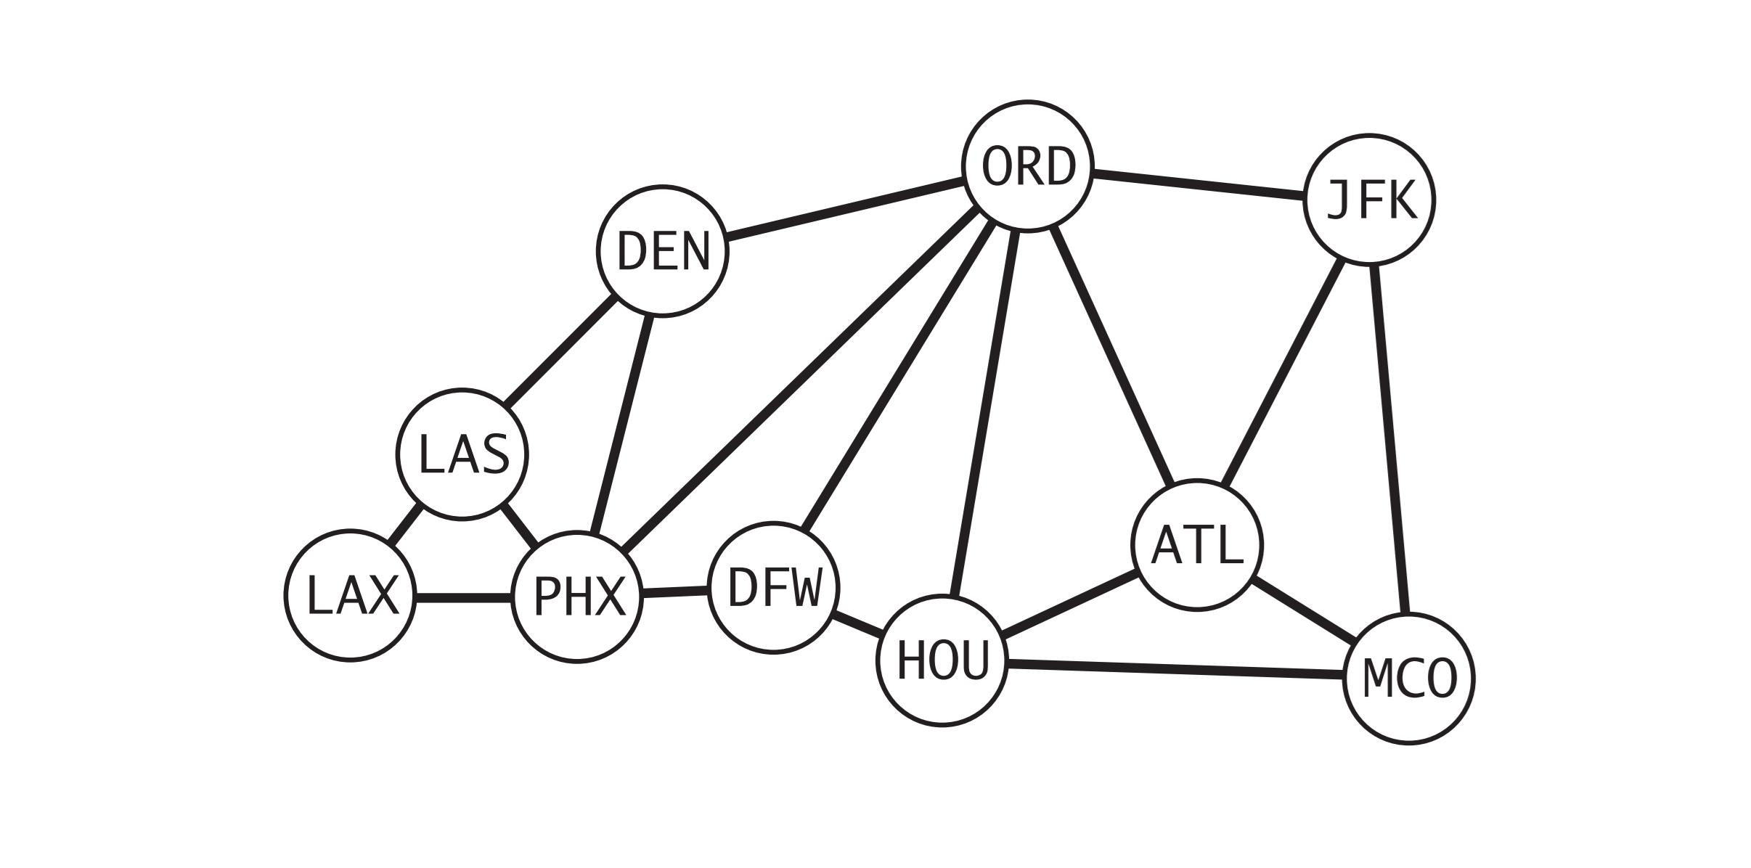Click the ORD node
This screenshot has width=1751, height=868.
click(x=1027, y=166)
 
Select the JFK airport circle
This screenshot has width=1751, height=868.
click(x=1369, y=200)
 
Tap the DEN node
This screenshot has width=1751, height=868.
click(x=662, y=251)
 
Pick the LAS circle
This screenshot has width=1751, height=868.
click(x=462, y=454)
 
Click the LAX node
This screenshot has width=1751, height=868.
click(x=351, y=595)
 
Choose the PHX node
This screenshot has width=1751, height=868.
click(x=577, y=597)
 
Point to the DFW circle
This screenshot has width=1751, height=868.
click(x=773, y=587)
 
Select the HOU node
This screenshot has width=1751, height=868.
click(x=942, y=660)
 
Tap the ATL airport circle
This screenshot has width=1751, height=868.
click(x=1197, y=545)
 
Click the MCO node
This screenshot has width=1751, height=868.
click(x=1408, y=679)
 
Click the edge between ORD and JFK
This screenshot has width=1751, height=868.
click(x=1198, y=184)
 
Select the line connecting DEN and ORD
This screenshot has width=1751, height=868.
click(x=845, y=208)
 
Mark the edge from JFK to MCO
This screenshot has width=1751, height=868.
click(x=1389, y=440)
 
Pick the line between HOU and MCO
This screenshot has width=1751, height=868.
click(x=1176, y=670)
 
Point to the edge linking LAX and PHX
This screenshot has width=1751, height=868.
click(x=464, y=597)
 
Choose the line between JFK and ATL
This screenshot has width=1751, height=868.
click(x=1283, y=372)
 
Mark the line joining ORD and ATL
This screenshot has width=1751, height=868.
click(x=1112, y=356)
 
